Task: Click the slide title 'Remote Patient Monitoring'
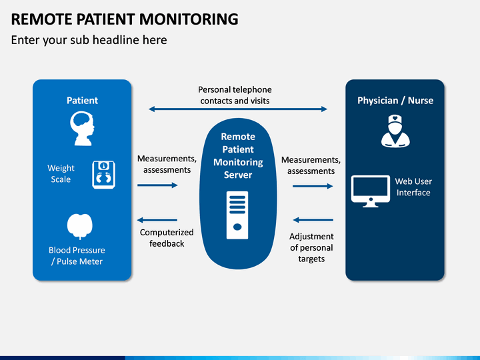(125, 19)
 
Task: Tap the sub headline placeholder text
(89, 41)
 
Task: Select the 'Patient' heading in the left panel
(83, 101)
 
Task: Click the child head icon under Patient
(82, 128)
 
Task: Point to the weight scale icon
(104, 175)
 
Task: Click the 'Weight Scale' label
(61, 173)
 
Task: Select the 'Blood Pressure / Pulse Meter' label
(77, 255)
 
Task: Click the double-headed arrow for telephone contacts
(238, 109)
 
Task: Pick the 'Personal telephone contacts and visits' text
(235, 95)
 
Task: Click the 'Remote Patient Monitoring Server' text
(238, 155)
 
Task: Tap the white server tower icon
(237, 215)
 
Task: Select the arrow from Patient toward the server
(157, 185)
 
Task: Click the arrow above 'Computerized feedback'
(157, 220)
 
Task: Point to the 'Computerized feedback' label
(167, 238)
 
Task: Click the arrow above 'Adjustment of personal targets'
(313, 220)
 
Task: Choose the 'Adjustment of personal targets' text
(311, 247)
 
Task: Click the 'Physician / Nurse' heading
(395, 101)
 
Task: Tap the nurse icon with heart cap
(395, 131)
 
